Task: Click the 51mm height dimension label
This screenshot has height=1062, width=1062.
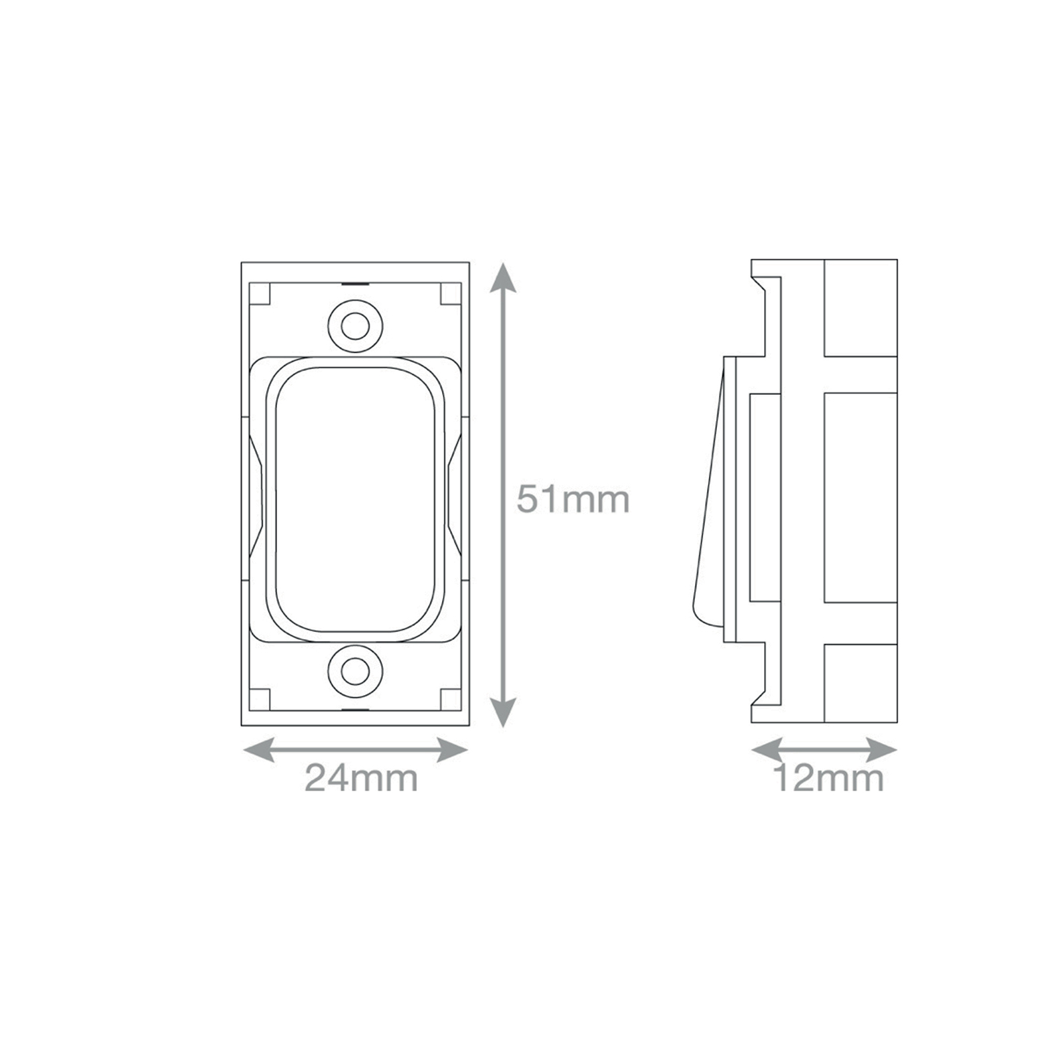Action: point(573,499)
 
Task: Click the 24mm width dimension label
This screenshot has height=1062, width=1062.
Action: point(361,778)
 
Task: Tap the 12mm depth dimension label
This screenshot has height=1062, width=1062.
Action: point(828,778)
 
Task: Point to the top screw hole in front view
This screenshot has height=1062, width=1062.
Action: point(356,326)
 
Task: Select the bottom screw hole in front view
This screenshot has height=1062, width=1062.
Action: point(356,670)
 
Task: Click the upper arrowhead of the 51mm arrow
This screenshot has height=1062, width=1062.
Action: point(504,277)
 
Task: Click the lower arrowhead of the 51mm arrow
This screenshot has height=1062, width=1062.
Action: point(504,712)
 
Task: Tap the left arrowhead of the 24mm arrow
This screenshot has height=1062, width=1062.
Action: point(260,751)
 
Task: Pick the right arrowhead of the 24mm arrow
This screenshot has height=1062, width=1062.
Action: point(452,751)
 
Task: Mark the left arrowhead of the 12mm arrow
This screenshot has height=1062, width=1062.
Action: point(767,751)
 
